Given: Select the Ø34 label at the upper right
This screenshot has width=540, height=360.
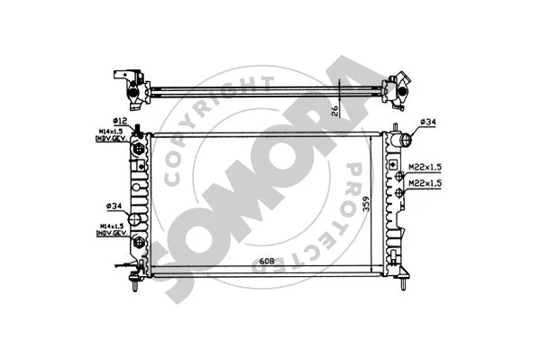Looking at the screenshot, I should [428, 122].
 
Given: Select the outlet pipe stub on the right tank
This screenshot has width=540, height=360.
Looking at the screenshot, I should [405, 140].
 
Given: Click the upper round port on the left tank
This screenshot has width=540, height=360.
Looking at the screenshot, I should [138, 149].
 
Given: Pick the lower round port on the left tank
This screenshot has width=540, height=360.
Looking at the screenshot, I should [138, 243].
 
